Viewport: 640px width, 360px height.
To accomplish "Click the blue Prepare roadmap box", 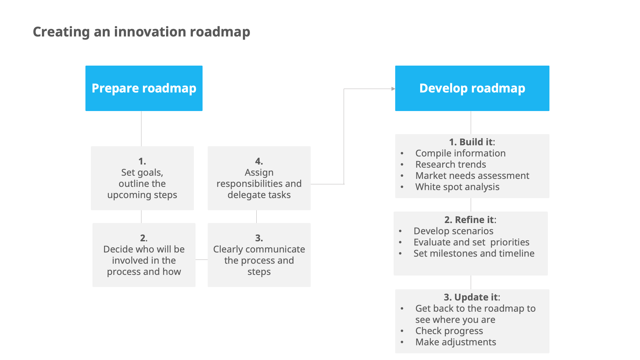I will pyautogui.click(x=144, y=88).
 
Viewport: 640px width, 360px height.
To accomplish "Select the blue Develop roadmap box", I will pyautogui.click(x=472, y=88).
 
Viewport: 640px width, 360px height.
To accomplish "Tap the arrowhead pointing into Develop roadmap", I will pyautogui.click(x=393, y=89).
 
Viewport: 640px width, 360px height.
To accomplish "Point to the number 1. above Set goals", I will pyautogui.click(x=142, y=161).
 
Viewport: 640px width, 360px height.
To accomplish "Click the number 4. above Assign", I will pyautogui.click(x=259, y=161).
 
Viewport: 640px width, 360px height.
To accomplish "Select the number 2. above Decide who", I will pyautogui.click(x=144, y=238).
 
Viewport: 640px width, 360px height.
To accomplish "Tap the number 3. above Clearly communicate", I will pyautogui.click(x=259, y=238).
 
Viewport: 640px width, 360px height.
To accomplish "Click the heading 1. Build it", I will pyautogui.click(x=472, y=142).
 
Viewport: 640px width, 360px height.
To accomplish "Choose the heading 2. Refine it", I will pyautogui.click(x=470, y=220).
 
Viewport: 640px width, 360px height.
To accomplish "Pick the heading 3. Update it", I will pyautogui.click(x=472, y=297).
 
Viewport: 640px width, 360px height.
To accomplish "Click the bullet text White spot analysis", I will pyautogui.click(x=457, y=187).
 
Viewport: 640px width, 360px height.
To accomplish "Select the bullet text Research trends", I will pyautogui.click(x=451, y=164).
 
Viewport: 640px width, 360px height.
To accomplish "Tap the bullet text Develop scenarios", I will pyautogui.click(x=453, y=231).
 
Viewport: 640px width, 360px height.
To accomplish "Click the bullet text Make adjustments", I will pyautogui.click(x=456, y=342).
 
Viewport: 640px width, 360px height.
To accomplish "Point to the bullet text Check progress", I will pyautogui.click(x=449, y=331).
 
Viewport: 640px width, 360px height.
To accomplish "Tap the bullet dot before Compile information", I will pyautogui.click(x=402, y=154).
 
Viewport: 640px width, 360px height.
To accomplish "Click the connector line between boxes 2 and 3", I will pyautogui.click(x=202, y=260).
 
